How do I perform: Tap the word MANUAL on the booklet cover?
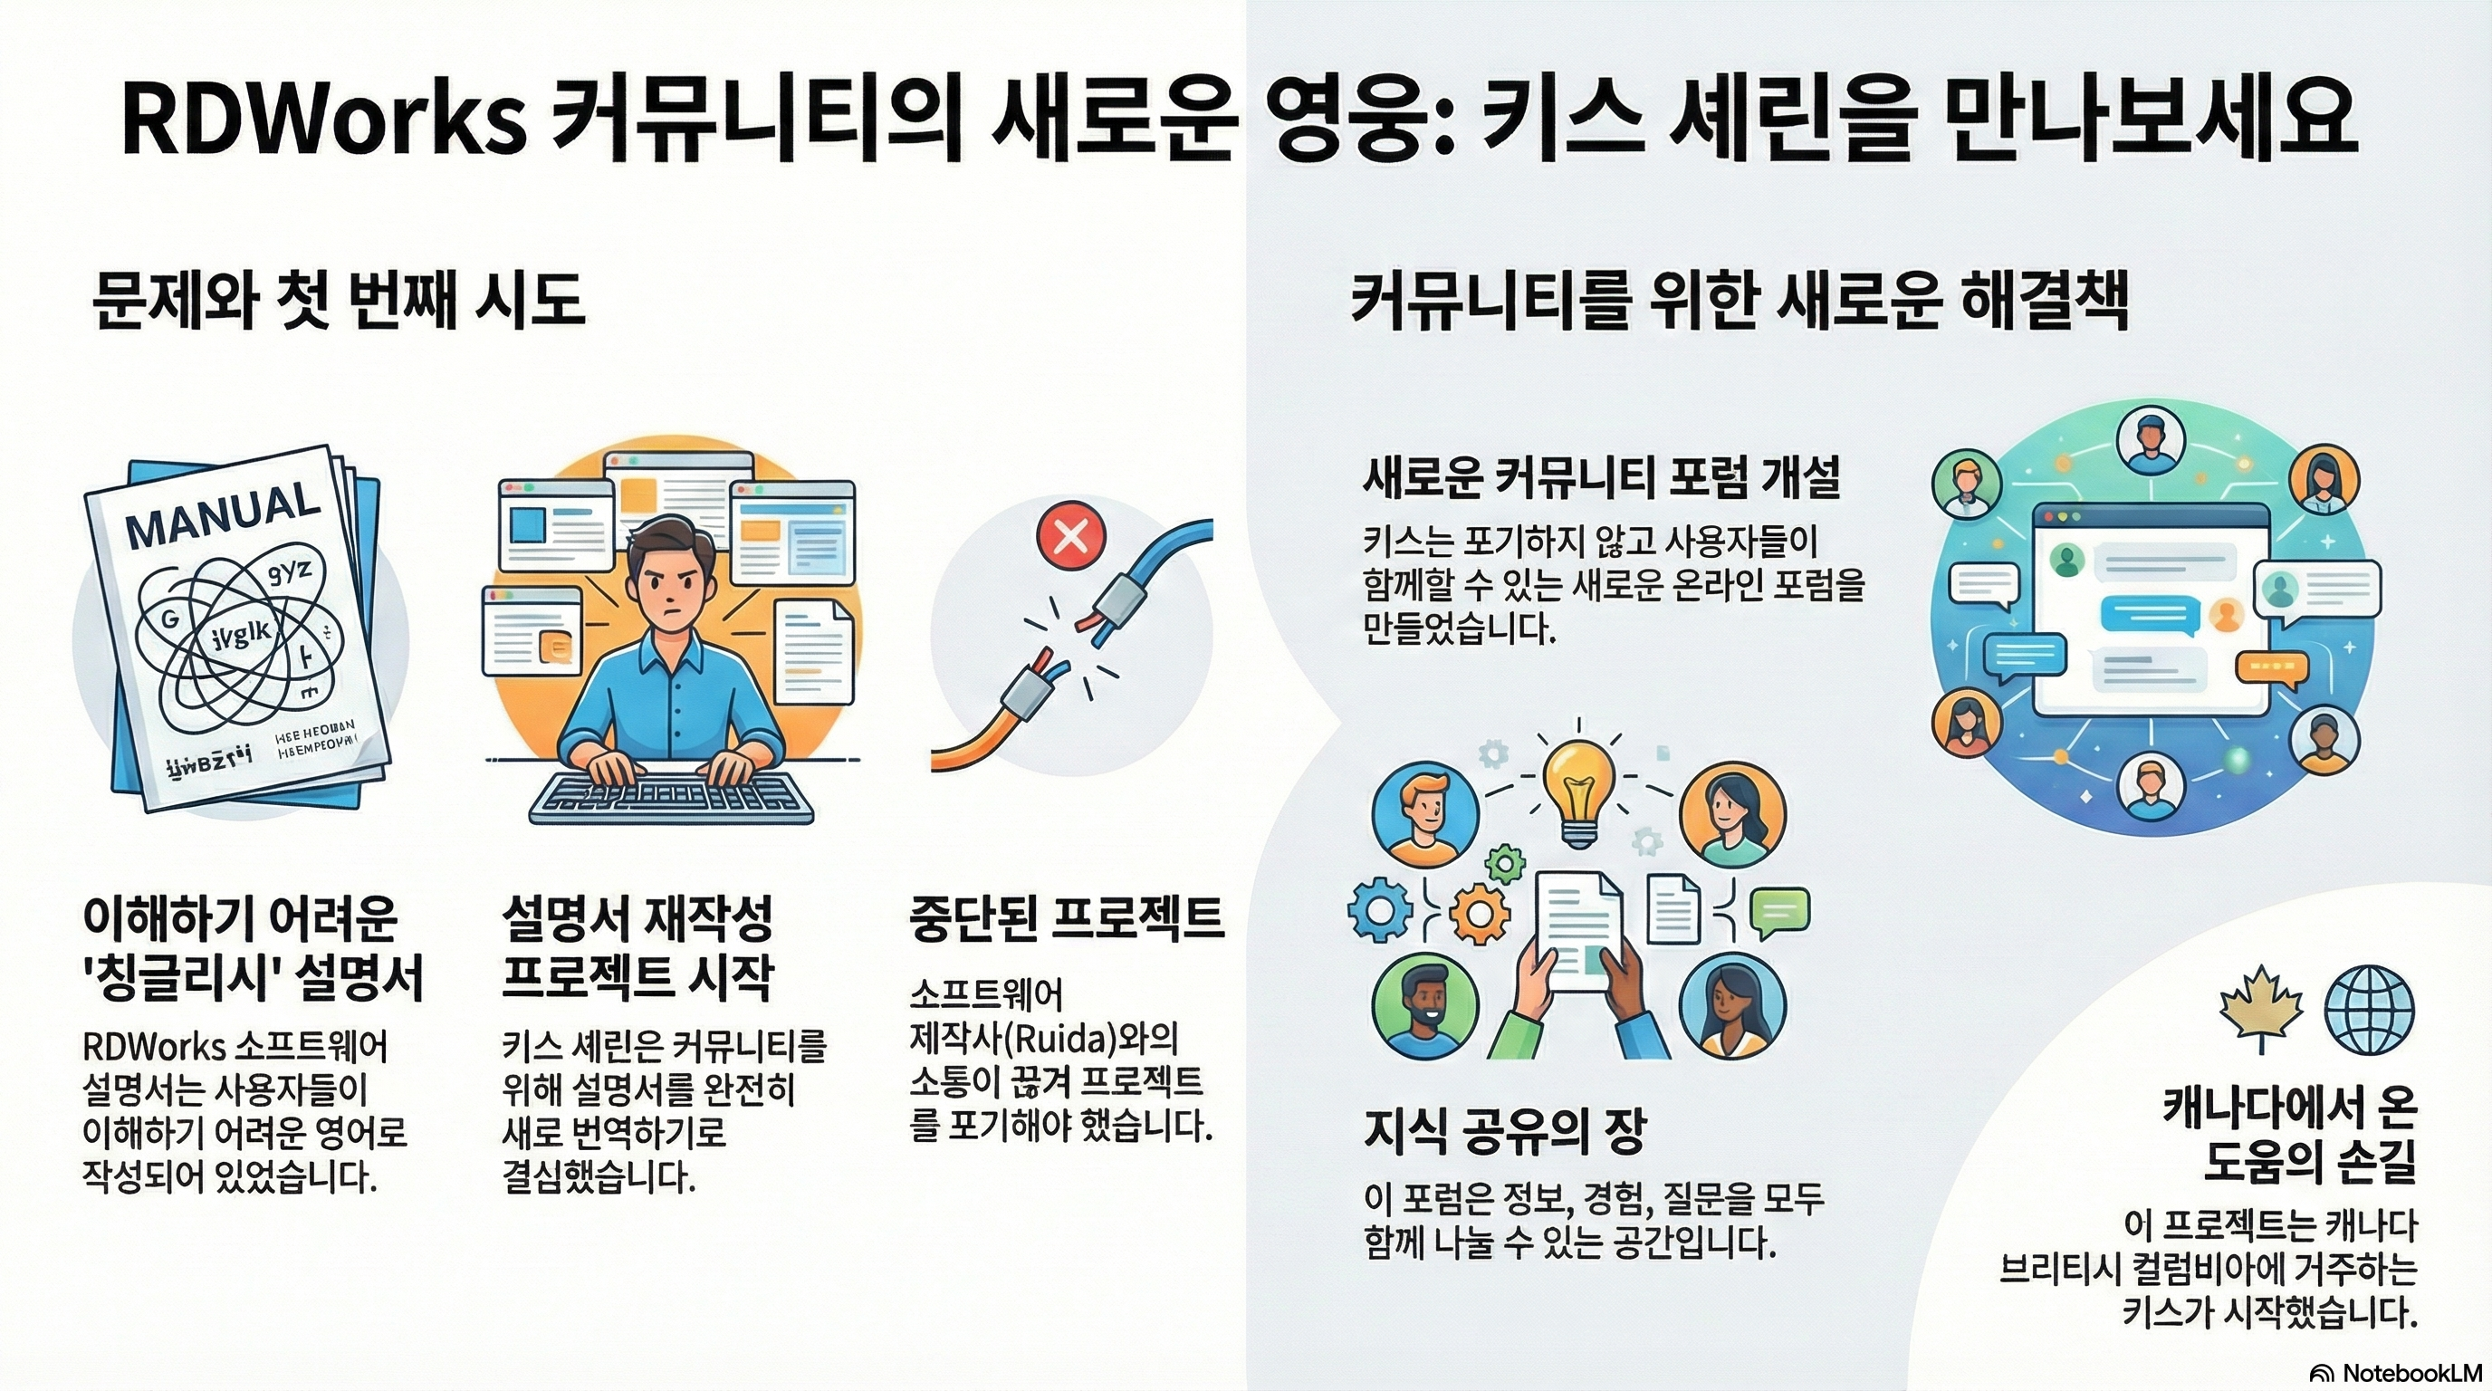pyautogui.click(x=223, y=514)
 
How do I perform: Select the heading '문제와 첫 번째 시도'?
pyautogui.click(x=339, y=301)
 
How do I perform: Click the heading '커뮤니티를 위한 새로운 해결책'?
pyautogui.click(x=1739, y=302)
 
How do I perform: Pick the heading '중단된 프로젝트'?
pyautogui.click(x=1067, y=919)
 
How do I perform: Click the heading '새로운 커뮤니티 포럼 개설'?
pyautogui.click(x=1601, y=477)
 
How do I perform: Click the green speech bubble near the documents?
pyautogui.click(x=1780, y=911)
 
